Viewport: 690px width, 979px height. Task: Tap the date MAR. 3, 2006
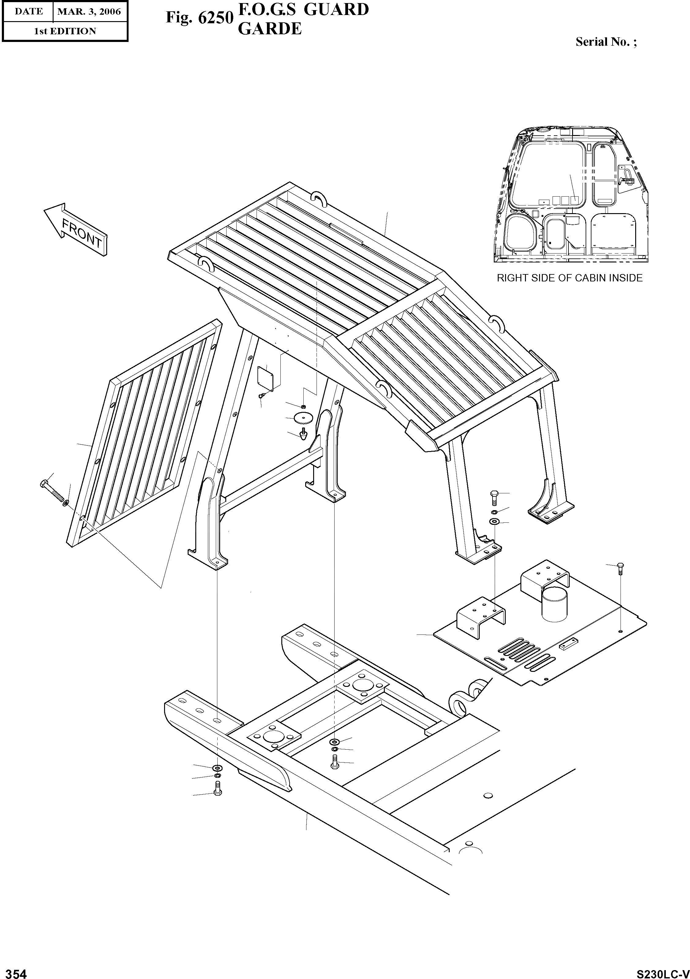(89, 12)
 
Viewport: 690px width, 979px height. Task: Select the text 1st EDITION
(65, 31)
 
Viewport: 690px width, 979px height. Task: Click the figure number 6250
(216, 17)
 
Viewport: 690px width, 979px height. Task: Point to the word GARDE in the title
(269, 28)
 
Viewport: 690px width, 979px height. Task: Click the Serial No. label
(606, 42)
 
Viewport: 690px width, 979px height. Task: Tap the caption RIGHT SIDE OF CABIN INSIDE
(569, 278)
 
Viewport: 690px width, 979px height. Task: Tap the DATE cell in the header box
(28, 12)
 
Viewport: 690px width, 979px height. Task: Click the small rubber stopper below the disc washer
(303, 434)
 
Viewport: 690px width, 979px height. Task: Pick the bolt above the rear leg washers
(493, 496)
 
